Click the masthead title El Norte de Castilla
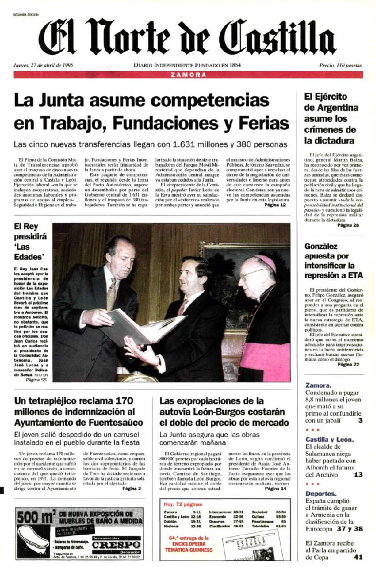coord(187,36)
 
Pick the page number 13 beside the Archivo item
coord(358,475)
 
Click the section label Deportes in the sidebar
coord(321,494)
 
